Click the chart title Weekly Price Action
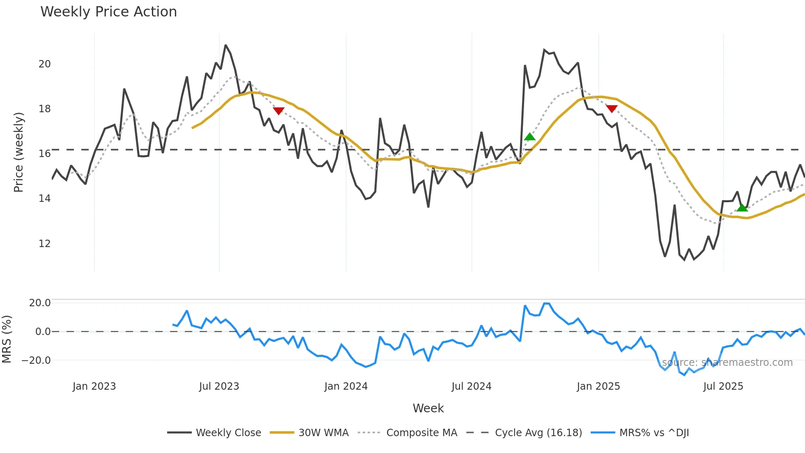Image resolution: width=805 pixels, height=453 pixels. point(108,12)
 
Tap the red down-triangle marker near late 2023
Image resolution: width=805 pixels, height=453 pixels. point(278,111)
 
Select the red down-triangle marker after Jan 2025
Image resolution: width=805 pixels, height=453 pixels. point(612,109)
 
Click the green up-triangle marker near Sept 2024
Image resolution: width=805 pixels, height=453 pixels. point(530,137)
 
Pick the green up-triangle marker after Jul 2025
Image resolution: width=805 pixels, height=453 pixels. point(742,208)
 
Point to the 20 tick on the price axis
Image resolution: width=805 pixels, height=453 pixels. point(44,64)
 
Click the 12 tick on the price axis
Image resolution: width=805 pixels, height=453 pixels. point(44,243)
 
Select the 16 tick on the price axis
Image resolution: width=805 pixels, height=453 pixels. point(44,154)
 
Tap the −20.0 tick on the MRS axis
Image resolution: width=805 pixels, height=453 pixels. point(36,361)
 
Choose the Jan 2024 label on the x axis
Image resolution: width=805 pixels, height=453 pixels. point(346,386)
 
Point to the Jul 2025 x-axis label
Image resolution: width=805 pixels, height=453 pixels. point(723,386)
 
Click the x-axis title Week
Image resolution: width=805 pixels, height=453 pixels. point(428,408)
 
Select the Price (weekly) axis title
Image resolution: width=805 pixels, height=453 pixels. point(18,152)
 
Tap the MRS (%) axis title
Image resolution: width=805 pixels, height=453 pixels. point(7,339)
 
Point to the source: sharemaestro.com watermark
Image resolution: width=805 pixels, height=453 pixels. point(727,363)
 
